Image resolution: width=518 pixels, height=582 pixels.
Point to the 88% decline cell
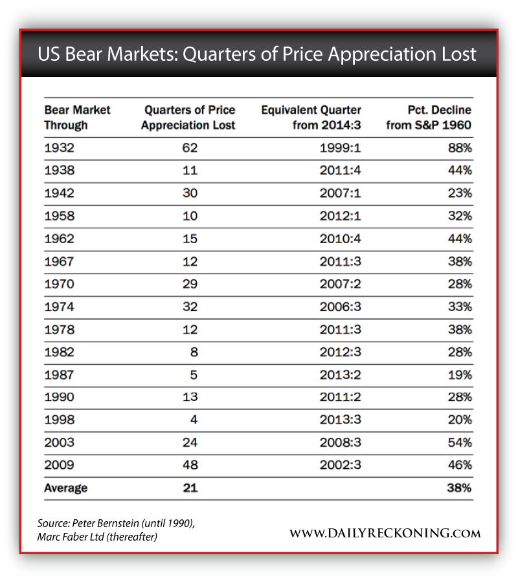tap(459, 147)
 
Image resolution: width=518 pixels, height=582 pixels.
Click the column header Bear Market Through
tap(77, 117)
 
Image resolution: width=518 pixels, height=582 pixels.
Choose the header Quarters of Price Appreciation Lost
tap(188, 117)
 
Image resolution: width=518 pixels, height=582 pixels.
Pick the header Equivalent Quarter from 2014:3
tap(311, 117)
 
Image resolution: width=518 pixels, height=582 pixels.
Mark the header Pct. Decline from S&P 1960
tap(429, 117)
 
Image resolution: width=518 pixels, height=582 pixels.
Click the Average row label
tap(65, 488)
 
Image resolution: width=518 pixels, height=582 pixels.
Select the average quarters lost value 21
tap(189, 488)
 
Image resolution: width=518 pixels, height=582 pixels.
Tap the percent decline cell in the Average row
tap(459, 488)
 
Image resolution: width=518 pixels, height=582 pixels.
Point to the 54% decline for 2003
tap(459, 442)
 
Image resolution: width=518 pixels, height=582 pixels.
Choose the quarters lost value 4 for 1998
tap(193, 420)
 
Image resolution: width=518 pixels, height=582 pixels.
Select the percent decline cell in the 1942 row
tap(459, 193)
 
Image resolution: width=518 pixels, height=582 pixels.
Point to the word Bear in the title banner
tap(91, 54)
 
